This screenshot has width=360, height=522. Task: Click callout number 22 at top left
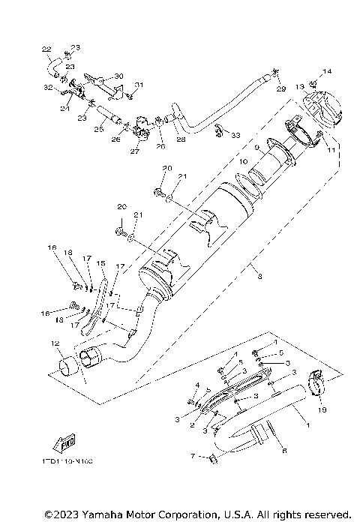[46, 50]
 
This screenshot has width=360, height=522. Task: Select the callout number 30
[118, 76]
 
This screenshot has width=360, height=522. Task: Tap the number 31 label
[138, 84]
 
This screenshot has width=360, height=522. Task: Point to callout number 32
[48, 88]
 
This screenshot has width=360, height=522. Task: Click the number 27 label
[135, 151]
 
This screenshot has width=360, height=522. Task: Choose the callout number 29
[281, 89]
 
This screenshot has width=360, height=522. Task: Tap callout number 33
[236, 136]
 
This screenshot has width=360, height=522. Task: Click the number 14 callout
[326, 72]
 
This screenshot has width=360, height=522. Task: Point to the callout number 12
[55, 344]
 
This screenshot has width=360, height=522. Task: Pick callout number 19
[322, 410]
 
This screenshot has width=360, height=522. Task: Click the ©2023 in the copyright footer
[60, 514]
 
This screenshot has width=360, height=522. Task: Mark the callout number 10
[243, 162]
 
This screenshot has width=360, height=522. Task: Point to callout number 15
[100, 263]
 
